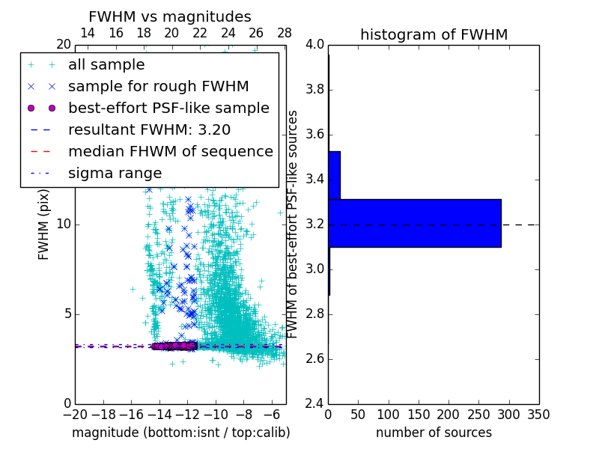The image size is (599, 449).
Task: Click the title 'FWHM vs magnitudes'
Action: [170, 16]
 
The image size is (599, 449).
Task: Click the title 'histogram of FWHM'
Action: [434, 34]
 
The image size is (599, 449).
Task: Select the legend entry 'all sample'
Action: [106, 65]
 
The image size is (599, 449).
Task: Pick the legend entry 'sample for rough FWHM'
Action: [158, 87]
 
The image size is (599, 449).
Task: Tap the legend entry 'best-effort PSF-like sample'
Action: [168, 109]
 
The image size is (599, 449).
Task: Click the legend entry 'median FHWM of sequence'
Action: [170, 152]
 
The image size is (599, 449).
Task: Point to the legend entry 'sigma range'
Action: [115, 174]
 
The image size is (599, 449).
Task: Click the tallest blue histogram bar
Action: [414, 223]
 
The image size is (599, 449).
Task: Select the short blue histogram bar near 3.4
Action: [334, 175]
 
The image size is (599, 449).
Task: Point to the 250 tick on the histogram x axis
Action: [478, 415]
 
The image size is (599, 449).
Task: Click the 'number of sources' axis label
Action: [434, 433]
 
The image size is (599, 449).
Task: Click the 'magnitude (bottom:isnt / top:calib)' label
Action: [180, 433]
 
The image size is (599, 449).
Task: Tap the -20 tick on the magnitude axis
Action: [75, 415]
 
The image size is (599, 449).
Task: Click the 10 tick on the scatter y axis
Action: [64, 224]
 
